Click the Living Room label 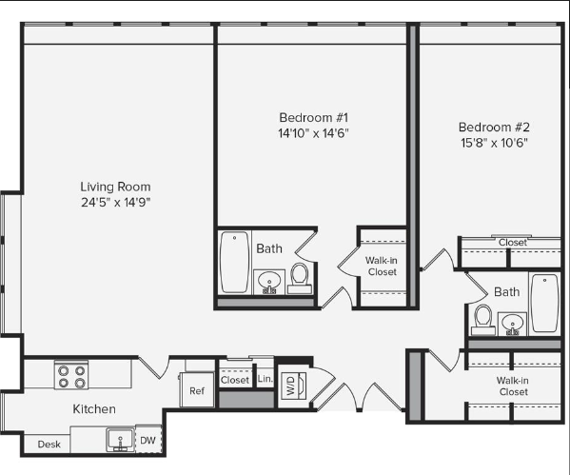[x=115, y=187]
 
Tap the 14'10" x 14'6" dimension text [x=313, y=133]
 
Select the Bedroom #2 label [x=494, y=127]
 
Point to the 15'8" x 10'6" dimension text [x=494, y=143]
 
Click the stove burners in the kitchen [x=71, y=375]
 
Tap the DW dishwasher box [x=147, y=440]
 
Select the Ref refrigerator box [x=197, y=390]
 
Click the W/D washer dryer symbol [x=294, y=386]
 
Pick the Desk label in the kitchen [x=49, y=445]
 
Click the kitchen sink [x=120, y=440]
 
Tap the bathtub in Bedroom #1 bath [x=235, y=262]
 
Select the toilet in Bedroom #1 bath [x=300, y=279]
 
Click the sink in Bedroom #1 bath [x=269, y=282]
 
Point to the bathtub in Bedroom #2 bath [x=544, y=303]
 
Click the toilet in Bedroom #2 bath [x=483, y=320]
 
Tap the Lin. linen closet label [x=265, y=379]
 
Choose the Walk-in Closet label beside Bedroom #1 [x=382, y=266]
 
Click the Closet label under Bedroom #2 [x=513, y=242]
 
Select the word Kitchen [x=94, y=408]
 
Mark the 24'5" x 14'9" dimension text [x=115, y=202]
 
